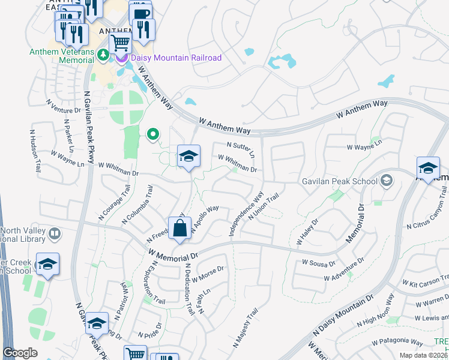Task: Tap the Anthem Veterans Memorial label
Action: [x=62, y=56]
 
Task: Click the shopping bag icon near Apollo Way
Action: [x=180, y=229]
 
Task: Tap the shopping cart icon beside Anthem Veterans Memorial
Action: [x=121, y=43]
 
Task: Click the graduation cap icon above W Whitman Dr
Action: [x=188, y=157]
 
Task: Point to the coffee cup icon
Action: [x=140, y=13]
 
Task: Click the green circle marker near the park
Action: [x=153, y=134]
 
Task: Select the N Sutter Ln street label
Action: [x=241, y=149]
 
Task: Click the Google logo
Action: [x=20, y=353]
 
